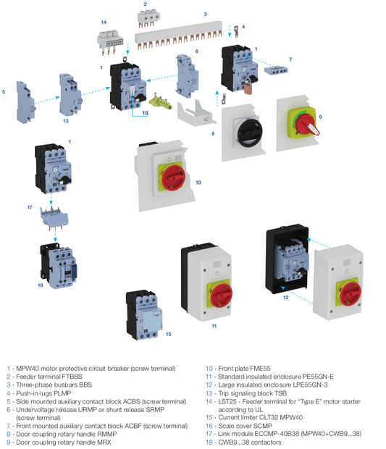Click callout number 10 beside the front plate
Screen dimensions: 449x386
198,183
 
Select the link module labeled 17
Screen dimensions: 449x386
51,215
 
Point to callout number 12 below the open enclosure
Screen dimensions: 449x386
285,297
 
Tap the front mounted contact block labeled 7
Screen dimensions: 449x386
277,70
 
